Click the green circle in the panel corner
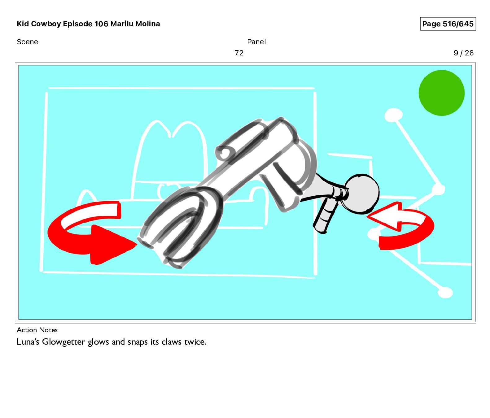[x=441, y=93]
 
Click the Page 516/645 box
[x=448, y=24]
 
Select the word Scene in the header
[x=27, y=42]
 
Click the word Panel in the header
[x=256, y=42]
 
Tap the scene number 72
[x=239, y=53]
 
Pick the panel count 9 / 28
[x=464, y=53]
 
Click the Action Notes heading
[x=37, y=330]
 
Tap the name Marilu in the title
[x=122, y=24]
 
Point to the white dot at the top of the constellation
[x=393, y=115]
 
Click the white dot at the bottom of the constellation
[x=445, y=292]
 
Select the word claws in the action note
[x=171, y=342]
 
